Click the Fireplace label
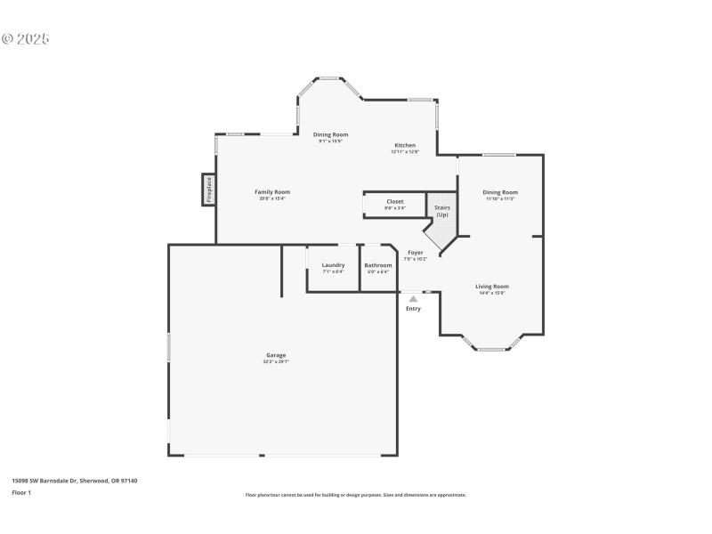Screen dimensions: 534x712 209,190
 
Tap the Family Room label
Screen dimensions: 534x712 272,192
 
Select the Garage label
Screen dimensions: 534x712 275,355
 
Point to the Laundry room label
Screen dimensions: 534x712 333,265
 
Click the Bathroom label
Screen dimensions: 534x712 378,265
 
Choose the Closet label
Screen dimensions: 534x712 395,202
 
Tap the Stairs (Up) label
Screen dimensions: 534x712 441,211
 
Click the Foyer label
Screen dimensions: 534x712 416,253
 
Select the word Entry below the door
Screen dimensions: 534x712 413,309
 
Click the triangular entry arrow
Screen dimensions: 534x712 413,299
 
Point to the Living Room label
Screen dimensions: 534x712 492,287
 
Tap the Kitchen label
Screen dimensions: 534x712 405,145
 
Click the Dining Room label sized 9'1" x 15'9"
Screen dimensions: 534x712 330,134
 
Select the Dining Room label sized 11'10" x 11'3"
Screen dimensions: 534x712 500,192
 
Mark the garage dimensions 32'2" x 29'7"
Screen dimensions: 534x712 275,361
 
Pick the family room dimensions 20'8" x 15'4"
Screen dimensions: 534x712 272,198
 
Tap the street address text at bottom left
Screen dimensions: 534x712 74,481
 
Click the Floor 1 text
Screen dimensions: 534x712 21,492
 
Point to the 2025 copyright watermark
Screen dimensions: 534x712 26,39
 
